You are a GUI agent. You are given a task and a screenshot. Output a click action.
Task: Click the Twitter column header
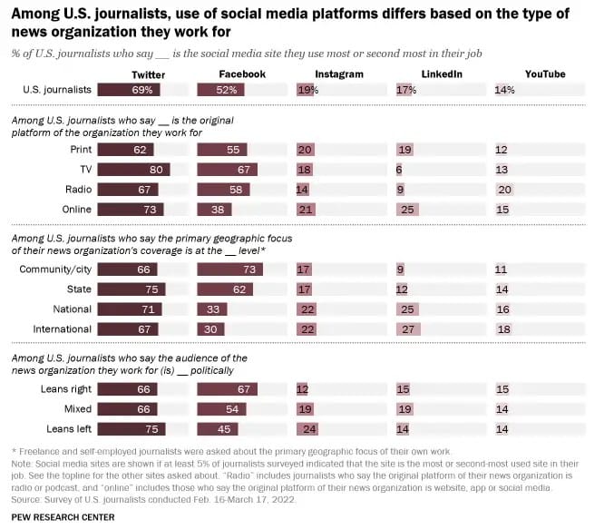[148, 74]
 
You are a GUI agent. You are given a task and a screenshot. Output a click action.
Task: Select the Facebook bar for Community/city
[230, 269]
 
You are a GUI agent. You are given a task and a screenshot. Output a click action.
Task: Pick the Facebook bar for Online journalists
[214, 210]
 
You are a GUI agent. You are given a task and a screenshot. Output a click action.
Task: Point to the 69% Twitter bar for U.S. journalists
[130, 90]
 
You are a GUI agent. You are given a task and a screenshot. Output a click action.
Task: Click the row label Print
[80, 150]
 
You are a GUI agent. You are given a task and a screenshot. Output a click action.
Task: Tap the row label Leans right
[66, 389]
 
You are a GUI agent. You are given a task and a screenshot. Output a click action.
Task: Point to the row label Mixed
[76, 409]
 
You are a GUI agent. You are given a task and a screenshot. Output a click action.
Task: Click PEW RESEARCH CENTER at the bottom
[63, 516]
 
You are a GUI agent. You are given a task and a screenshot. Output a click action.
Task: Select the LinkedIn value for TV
[399, 170]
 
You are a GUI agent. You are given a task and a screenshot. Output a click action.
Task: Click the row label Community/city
[55, 269]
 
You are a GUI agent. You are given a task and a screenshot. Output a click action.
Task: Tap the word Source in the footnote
[25, 497]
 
